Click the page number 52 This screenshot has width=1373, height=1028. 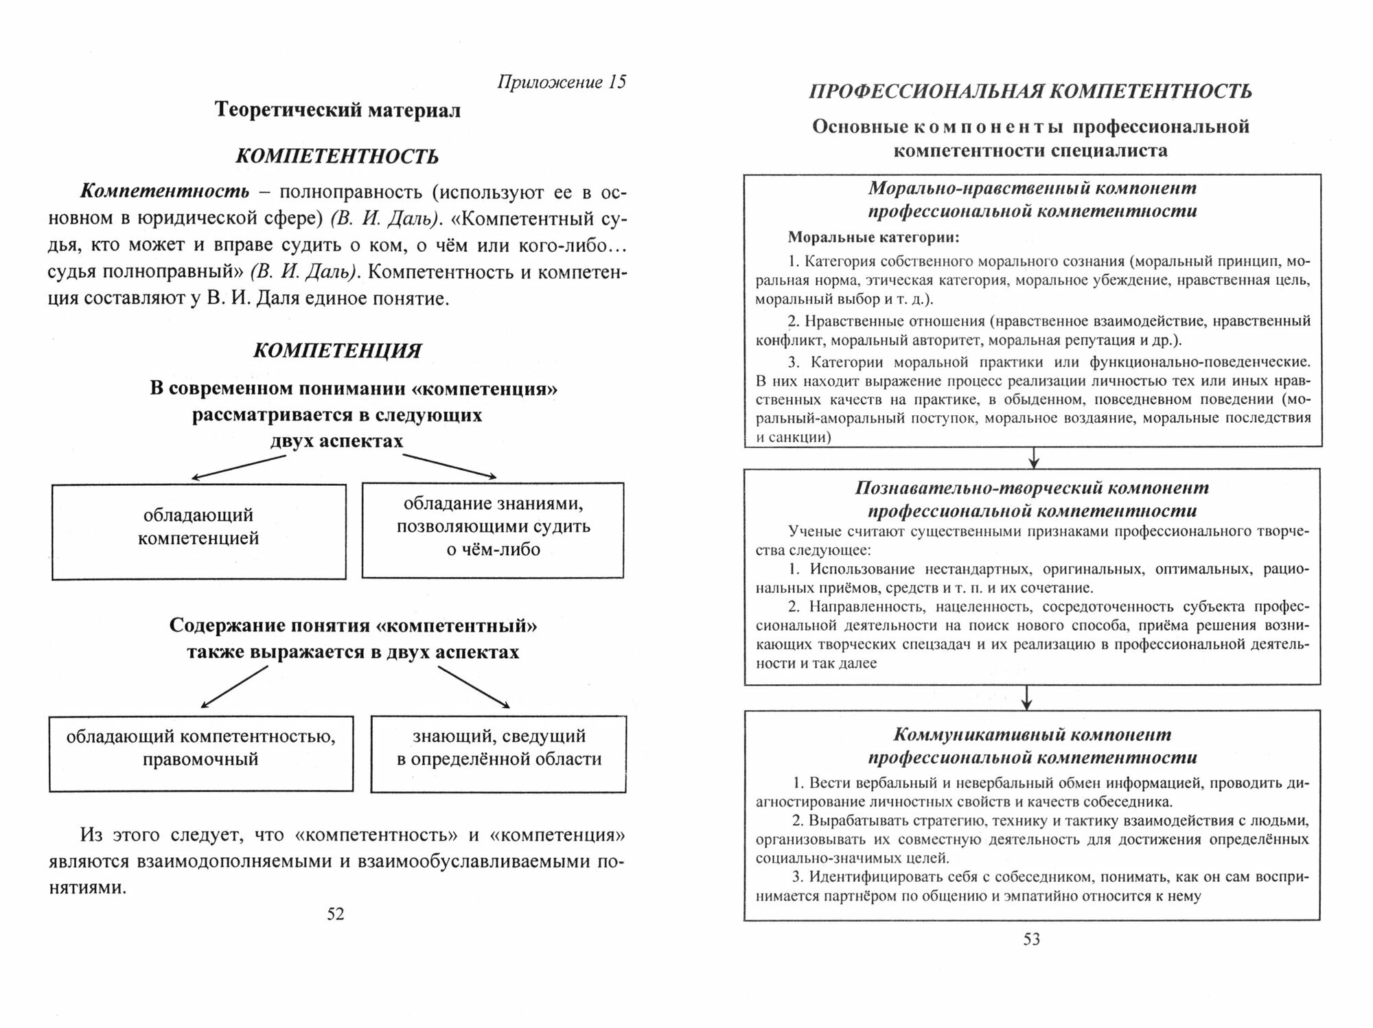pos(335,914)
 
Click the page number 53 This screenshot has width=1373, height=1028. pos(1032,939)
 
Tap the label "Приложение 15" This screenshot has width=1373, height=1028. pos(561,82)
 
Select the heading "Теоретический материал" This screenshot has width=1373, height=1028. pos(338,110)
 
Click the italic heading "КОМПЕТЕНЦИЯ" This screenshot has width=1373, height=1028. pos(337,351)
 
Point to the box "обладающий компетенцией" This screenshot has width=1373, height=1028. pos(198,531)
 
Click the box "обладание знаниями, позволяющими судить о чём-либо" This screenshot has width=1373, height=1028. pos(493,530)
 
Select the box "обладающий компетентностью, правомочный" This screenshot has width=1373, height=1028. pos(201,754)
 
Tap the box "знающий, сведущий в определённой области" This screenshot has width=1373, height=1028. pos(498,754)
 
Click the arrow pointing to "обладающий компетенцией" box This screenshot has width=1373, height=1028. pos(237,467)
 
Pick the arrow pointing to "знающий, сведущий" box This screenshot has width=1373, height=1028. pos(474,686)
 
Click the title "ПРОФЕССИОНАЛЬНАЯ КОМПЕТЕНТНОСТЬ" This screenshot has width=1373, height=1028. pos(1030,91)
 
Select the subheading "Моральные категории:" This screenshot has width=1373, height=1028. pos(873,238)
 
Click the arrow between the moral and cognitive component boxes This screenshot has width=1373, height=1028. pos(1033,458)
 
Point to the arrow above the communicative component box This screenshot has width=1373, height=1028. pos(1026,697)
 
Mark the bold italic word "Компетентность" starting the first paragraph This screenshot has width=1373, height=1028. pos(165,193)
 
